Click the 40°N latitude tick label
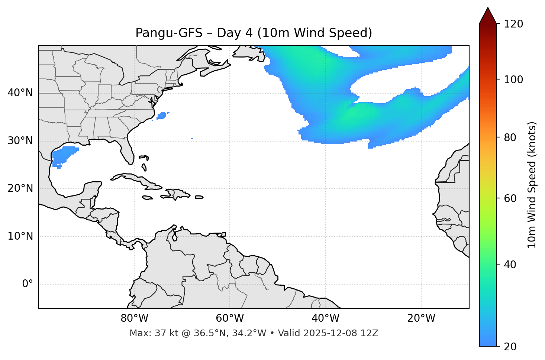point(20,93)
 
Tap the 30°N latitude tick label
point(20,141)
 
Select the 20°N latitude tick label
point(20,188)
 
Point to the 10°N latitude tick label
point(20,236)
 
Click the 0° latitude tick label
point(28,284)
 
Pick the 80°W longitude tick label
point(134,318)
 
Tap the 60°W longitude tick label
point(230,318)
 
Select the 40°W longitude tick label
point(325,318)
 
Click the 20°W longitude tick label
point(421,318)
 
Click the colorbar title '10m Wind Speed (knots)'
point(532,185)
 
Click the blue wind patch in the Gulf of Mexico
point(64,155)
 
